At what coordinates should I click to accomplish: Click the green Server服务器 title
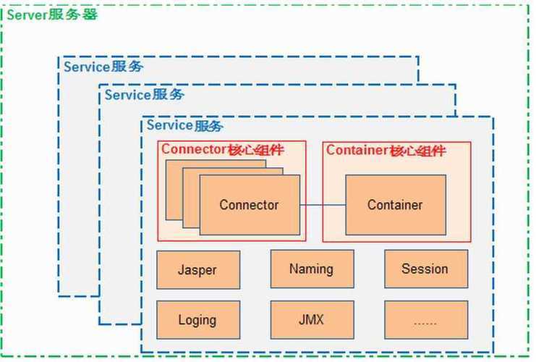tap(52, 15)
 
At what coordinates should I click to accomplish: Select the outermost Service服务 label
tap(103, 67)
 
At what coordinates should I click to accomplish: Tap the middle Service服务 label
tap(144, 95)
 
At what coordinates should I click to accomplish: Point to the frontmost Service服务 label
tap(185, 125)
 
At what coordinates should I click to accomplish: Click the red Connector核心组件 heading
tap(223, 150)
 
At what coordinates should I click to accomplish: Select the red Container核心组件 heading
tap(386, 151)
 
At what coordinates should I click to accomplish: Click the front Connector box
tap(250, 205)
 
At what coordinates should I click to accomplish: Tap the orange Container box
tap(396, 205)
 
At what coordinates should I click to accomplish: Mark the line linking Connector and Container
tap(323, 206)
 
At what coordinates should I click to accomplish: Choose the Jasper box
tap(198, 270)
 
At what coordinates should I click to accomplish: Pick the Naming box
tap(312, 269)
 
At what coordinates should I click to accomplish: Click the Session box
tap(426, 269)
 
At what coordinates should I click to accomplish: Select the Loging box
tap(198, 320)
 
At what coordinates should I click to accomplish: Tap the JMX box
tap(312, 320)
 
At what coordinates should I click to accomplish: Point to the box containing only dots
tap(426, 320)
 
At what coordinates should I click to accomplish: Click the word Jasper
tap(197, 270)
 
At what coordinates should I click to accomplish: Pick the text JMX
tap(311, 319)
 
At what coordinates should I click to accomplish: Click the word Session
tap(425, 269)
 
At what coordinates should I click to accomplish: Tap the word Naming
tap(311, 269)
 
